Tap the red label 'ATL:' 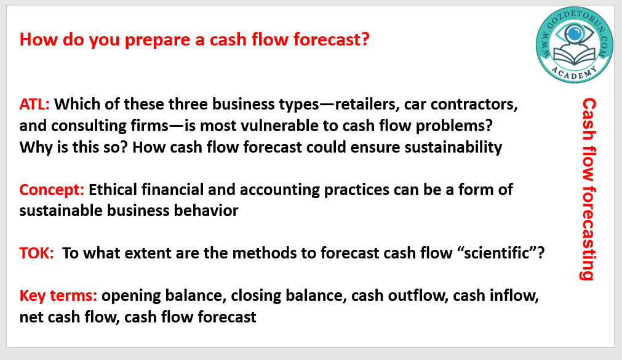[34, 104]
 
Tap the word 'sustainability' [453, 147]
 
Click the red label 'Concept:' [52, 190]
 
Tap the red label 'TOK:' [36, 253]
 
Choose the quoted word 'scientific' [496, 253]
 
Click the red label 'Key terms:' [58, 296]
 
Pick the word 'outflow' [418, 296]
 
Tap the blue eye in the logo [574, 33]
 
